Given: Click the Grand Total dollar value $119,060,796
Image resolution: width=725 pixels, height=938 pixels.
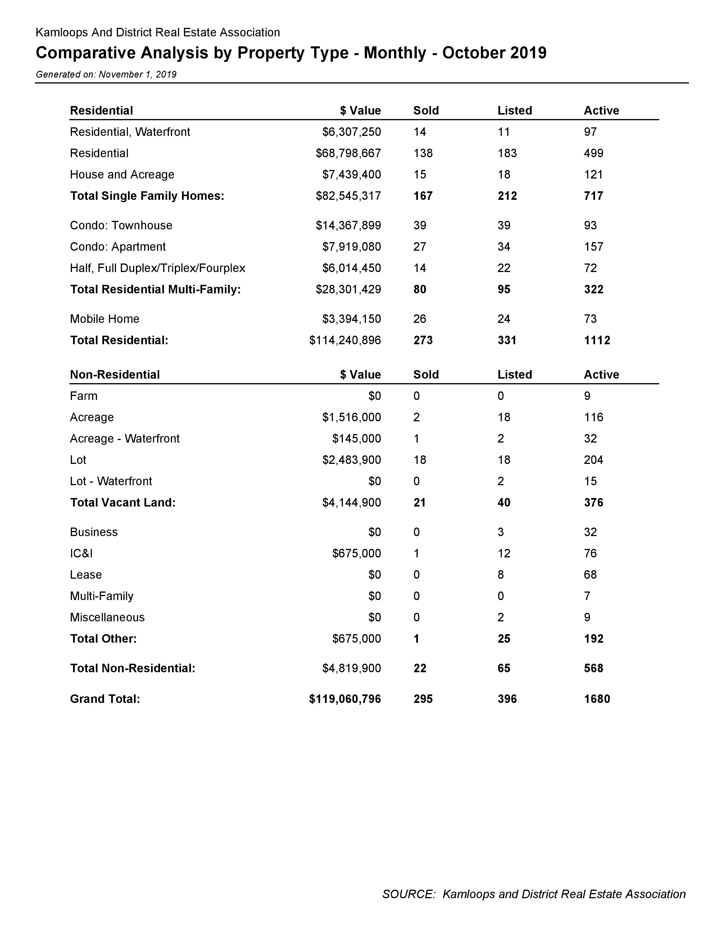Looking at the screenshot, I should tap(345, 699).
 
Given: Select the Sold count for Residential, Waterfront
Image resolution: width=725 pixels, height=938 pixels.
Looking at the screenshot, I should tap(420, 132).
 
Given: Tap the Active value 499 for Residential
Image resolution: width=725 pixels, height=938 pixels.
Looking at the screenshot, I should tap(594, 153).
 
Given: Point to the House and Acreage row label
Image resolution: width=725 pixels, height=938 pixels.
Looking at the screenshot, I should tap(122, 174).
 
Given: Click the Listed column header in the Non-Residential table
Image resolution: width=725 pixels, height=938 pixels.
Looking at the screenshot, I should tap(515, 375).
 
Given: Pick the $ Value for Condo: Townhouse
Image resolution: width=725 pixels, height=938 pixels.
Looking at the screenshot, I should tap(348, 225).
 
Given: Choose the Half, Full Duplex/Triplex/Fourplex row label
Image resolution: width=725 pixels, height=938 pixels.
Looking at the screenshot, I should tap(158, 268).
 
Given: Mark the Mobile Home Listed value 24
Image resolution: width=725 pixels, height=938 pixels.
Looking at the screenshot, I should tap(504, 319).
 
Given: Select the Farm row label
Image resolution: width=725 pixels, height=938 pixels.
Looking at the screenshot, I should tap(84, 396).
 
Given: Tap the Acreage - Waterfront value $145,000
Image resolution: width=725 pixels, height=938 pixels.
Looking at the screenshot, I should tap(357, 439).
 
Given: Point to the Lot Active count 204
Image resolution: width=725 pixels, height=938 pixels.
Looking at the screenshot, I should tap(594, 460).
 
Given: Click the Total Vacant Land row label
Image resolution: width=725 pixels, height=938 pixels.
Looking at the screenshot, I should tap(123, 503).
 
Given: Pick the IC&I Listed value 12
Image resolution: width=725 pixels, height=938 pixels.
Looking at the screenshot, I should tap(504, 553).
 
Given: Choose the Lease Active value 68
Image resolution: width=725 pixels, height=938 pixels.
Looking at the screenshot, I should tap(590, 575).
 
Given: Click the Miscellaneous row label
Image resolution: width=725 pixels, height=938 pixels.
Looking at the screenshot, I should tap(107, 617).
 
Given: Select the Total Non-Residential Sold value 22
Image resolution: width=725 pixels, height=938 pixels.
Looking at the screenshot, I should tap(420, 668).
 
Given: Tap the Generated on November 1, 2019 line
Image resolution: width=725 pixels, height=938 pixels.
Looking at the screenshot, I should tap(106, 74).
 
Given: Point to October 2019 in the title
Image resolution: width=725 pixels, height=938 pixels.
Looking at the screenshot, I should tap(494, 53).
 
